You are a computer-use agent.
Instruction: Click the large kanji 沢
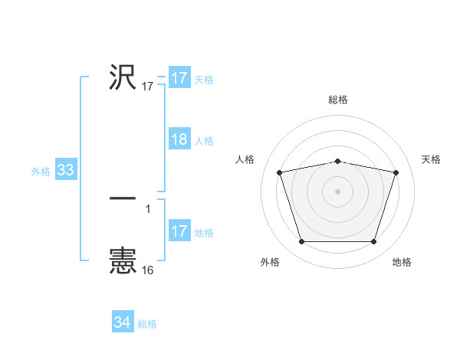(x=123, y=77)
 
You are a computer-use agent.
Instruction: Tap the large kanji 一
(x=123, y=198)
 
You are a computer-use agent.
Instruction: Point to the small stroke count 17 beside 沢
(x=148, y=87)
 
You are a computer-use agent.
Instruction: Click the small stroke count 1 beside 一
(x=148, y=208)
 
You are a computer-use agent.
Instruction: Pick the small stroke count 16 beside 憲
(x=148, y=270)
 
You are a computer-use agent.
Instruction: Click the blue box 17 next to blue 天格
(x=179, y=78)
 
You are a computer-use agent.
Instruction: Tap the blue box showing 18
(x=179, y=139)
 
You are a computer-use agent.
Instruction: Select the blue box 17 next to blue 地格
(x=179, y=231)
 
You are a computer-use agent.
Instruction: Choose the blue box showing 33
(x=66, y=170)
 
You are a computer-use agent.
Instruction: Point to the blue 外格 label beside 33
(x=41, y=172)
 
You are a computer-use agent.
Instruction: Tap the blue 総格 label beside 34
(x=147, y=324)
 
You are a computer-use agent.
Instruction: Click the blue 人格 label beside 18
(x=204, y=141)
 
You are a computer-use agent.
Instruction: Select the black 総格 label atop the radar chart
(x=338, y=100)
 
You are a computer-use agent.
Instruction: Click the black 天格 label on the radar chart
(x=431, y=159)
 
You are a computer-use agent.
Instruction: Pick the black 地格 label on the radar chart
(x=402, y=262)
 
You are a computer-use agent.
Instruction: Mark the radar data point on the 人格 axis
(x=280, y=172)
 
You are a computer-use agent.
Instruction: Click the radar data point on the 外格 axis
(x=301, y=242)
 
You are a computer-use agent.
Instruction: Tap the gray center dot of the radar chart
(x=338, y=191)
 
